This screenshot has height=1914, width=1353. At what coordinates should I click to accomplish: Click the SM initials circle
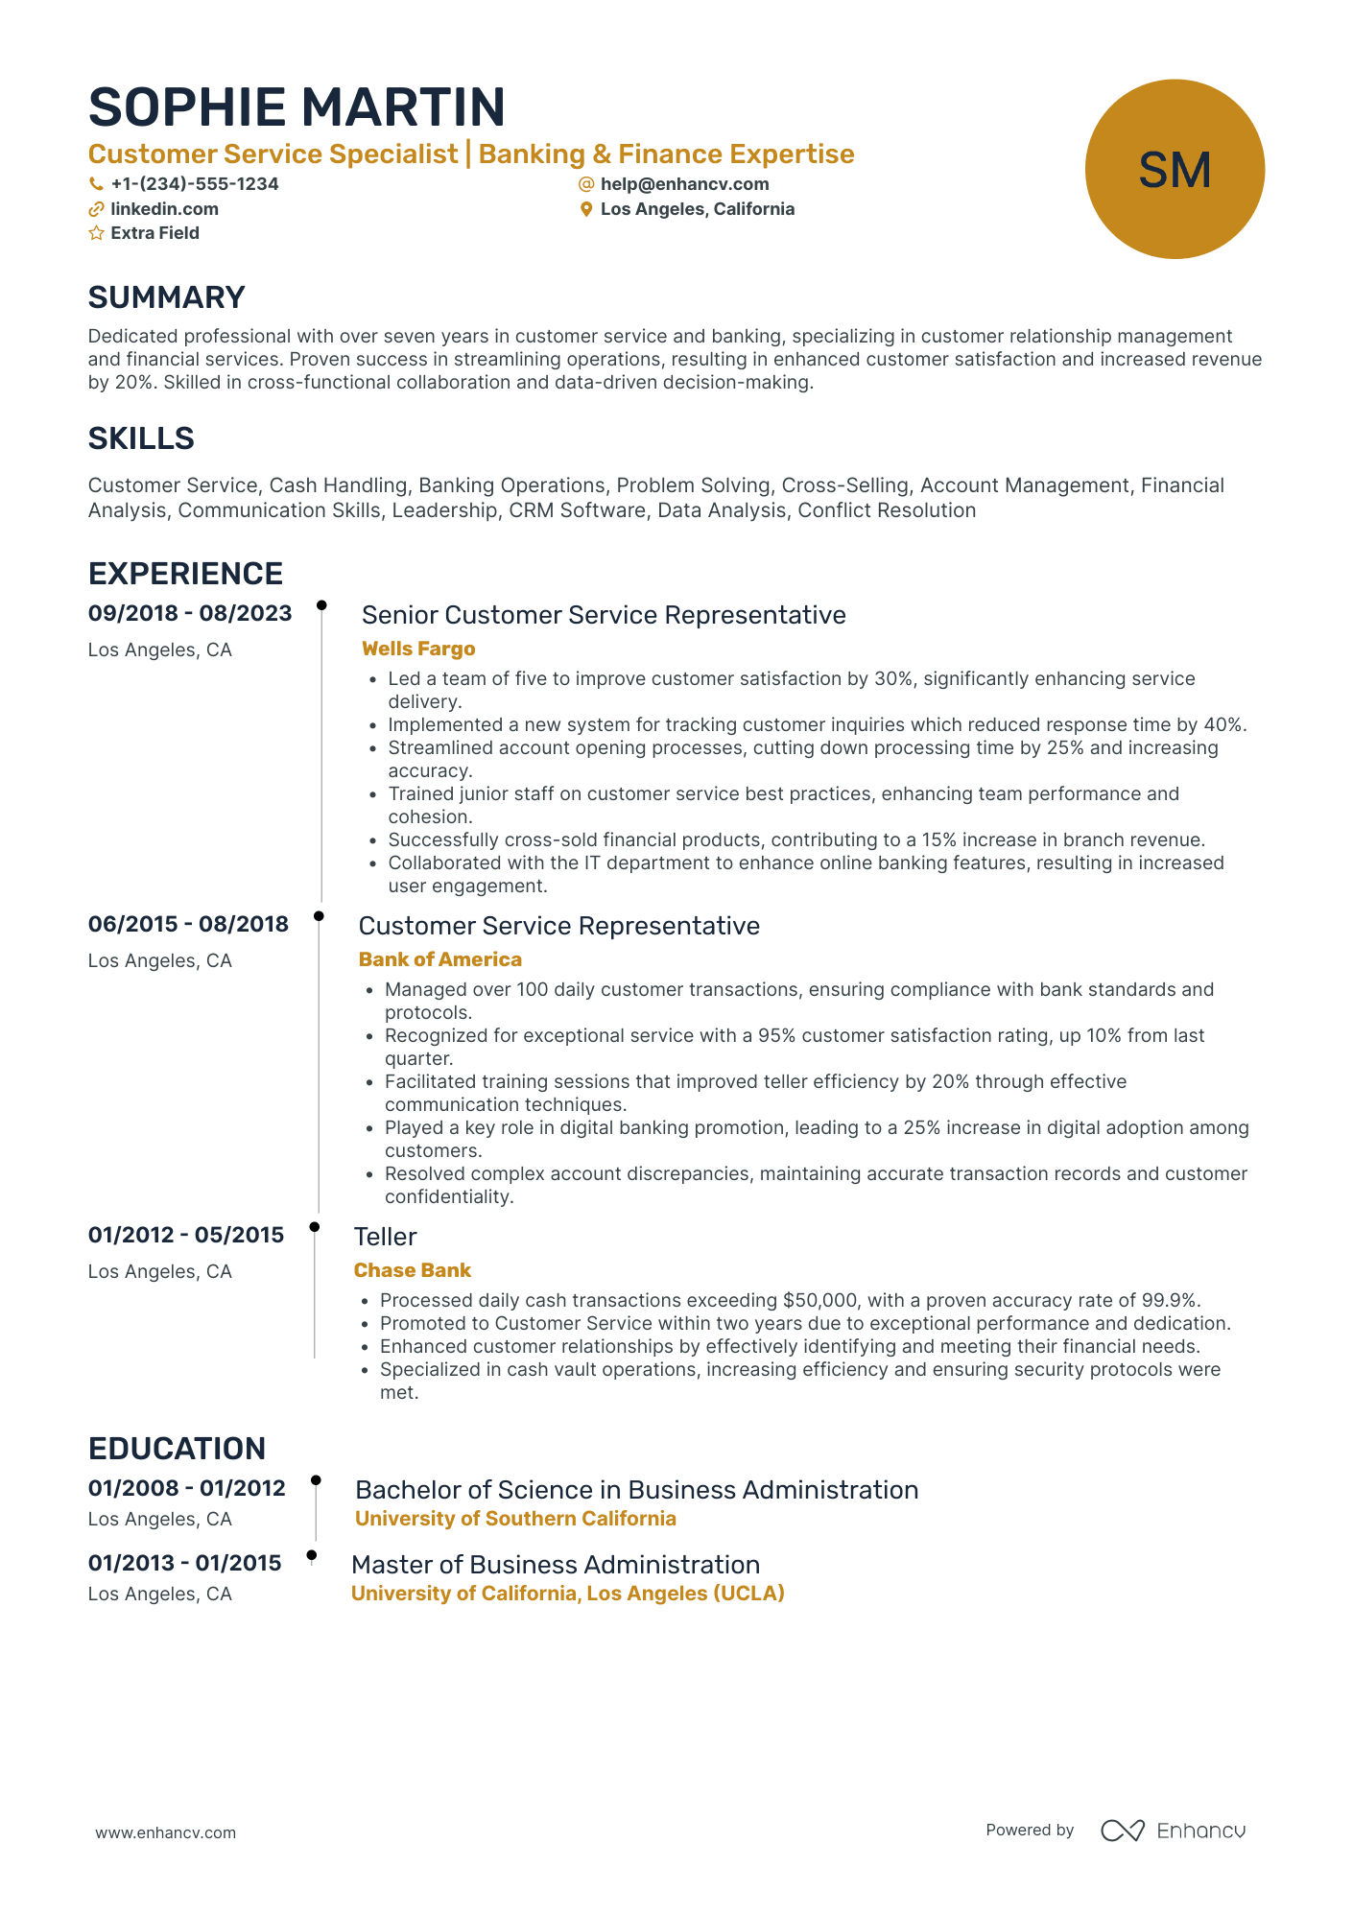click(1174, 169)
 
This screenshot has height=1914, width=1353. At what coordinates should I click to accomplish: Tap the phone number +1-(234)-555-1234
click(194, 184)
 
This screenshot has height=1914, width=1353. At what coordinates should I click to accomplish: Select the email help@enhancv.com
click(684, 184)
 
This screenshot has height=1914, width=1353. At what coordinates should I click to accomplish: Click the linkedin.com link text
click(164, 209)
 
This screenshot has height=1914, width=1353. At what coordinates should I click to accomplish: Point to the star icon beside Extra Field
click(96, 233)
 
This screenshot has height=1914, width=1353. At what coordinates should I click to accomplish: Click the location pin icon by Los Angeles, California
click(586, 209)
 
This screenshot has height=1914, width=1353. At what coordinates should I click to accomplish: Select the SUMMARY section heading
click(166, 297)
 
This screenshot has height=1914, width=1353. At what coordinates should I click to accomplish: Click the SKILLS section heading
click(141, 438)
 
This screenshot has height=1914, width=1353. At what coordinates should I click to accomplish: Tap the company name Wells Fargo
click(418, 649)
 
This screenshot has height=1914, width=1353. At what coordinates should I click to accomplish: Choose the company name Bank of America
click(439, 959)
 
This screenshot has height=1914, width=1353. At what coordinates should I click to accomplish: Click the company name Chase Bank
click(412, 1270)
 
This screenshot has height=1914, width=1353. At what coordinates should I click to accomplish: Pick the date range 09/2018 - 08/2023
click(190, 613)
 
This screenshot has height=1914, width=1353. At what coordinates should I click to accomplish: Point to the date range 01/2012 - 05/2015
click(186, 1235)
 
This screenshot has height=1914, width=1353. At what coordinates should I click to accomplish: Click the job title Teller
click(385, 1237)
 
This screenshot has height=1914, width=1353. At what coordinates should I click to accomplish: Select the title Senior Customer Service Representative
click(604, 615)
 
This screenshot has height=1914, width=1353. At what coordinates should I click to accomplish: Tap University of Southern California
click(515, 1519)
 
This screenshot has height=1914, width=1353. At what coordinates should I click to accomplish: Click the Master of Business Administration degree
click(555, 1565)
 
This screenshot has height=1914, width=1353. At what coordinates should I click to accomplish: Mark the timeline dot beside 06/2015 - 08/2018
click(319, 916)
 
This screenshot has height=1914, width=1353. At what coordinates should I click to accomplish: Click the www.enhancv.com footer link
click(165, 1832)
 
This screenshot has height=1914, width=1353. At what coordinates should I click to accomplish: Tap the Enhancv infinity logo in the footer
click(1122, 1831)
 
